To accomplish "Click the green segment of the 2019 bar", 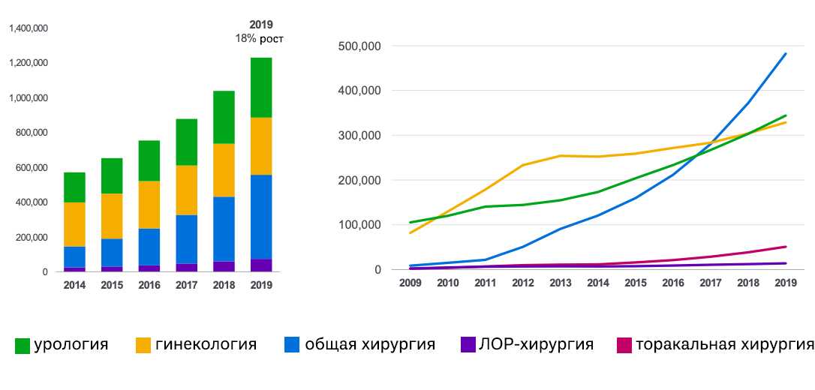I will click(261, 87).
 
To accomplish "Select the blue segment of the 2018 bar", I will click(224, 229).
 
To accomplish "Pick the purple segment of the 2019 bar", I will click(261, 265).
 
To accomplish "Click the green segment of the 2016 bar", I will click(149, 160).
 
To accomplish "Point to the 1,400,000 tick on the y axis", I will click(29, 28).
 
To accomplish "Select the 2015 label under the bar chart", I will click(112, 286).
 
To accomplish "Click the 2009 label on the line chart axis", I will click(411, 282).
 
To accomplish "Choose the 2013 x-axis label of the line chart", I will click(561, 282).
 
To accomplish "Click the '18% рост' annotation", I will click(260, 38).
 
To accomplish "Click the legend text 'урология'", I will click(71, 345).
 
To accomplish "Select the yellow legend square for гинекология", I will click(143, 346).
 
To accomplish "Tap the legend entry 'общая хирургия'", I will click(370, 345).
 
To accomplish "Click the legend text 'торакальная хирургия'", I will click(724, 345).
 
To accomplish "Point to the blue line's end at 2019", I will click(786, 53).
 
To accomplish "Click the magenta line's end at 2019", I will click(786, 247).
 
